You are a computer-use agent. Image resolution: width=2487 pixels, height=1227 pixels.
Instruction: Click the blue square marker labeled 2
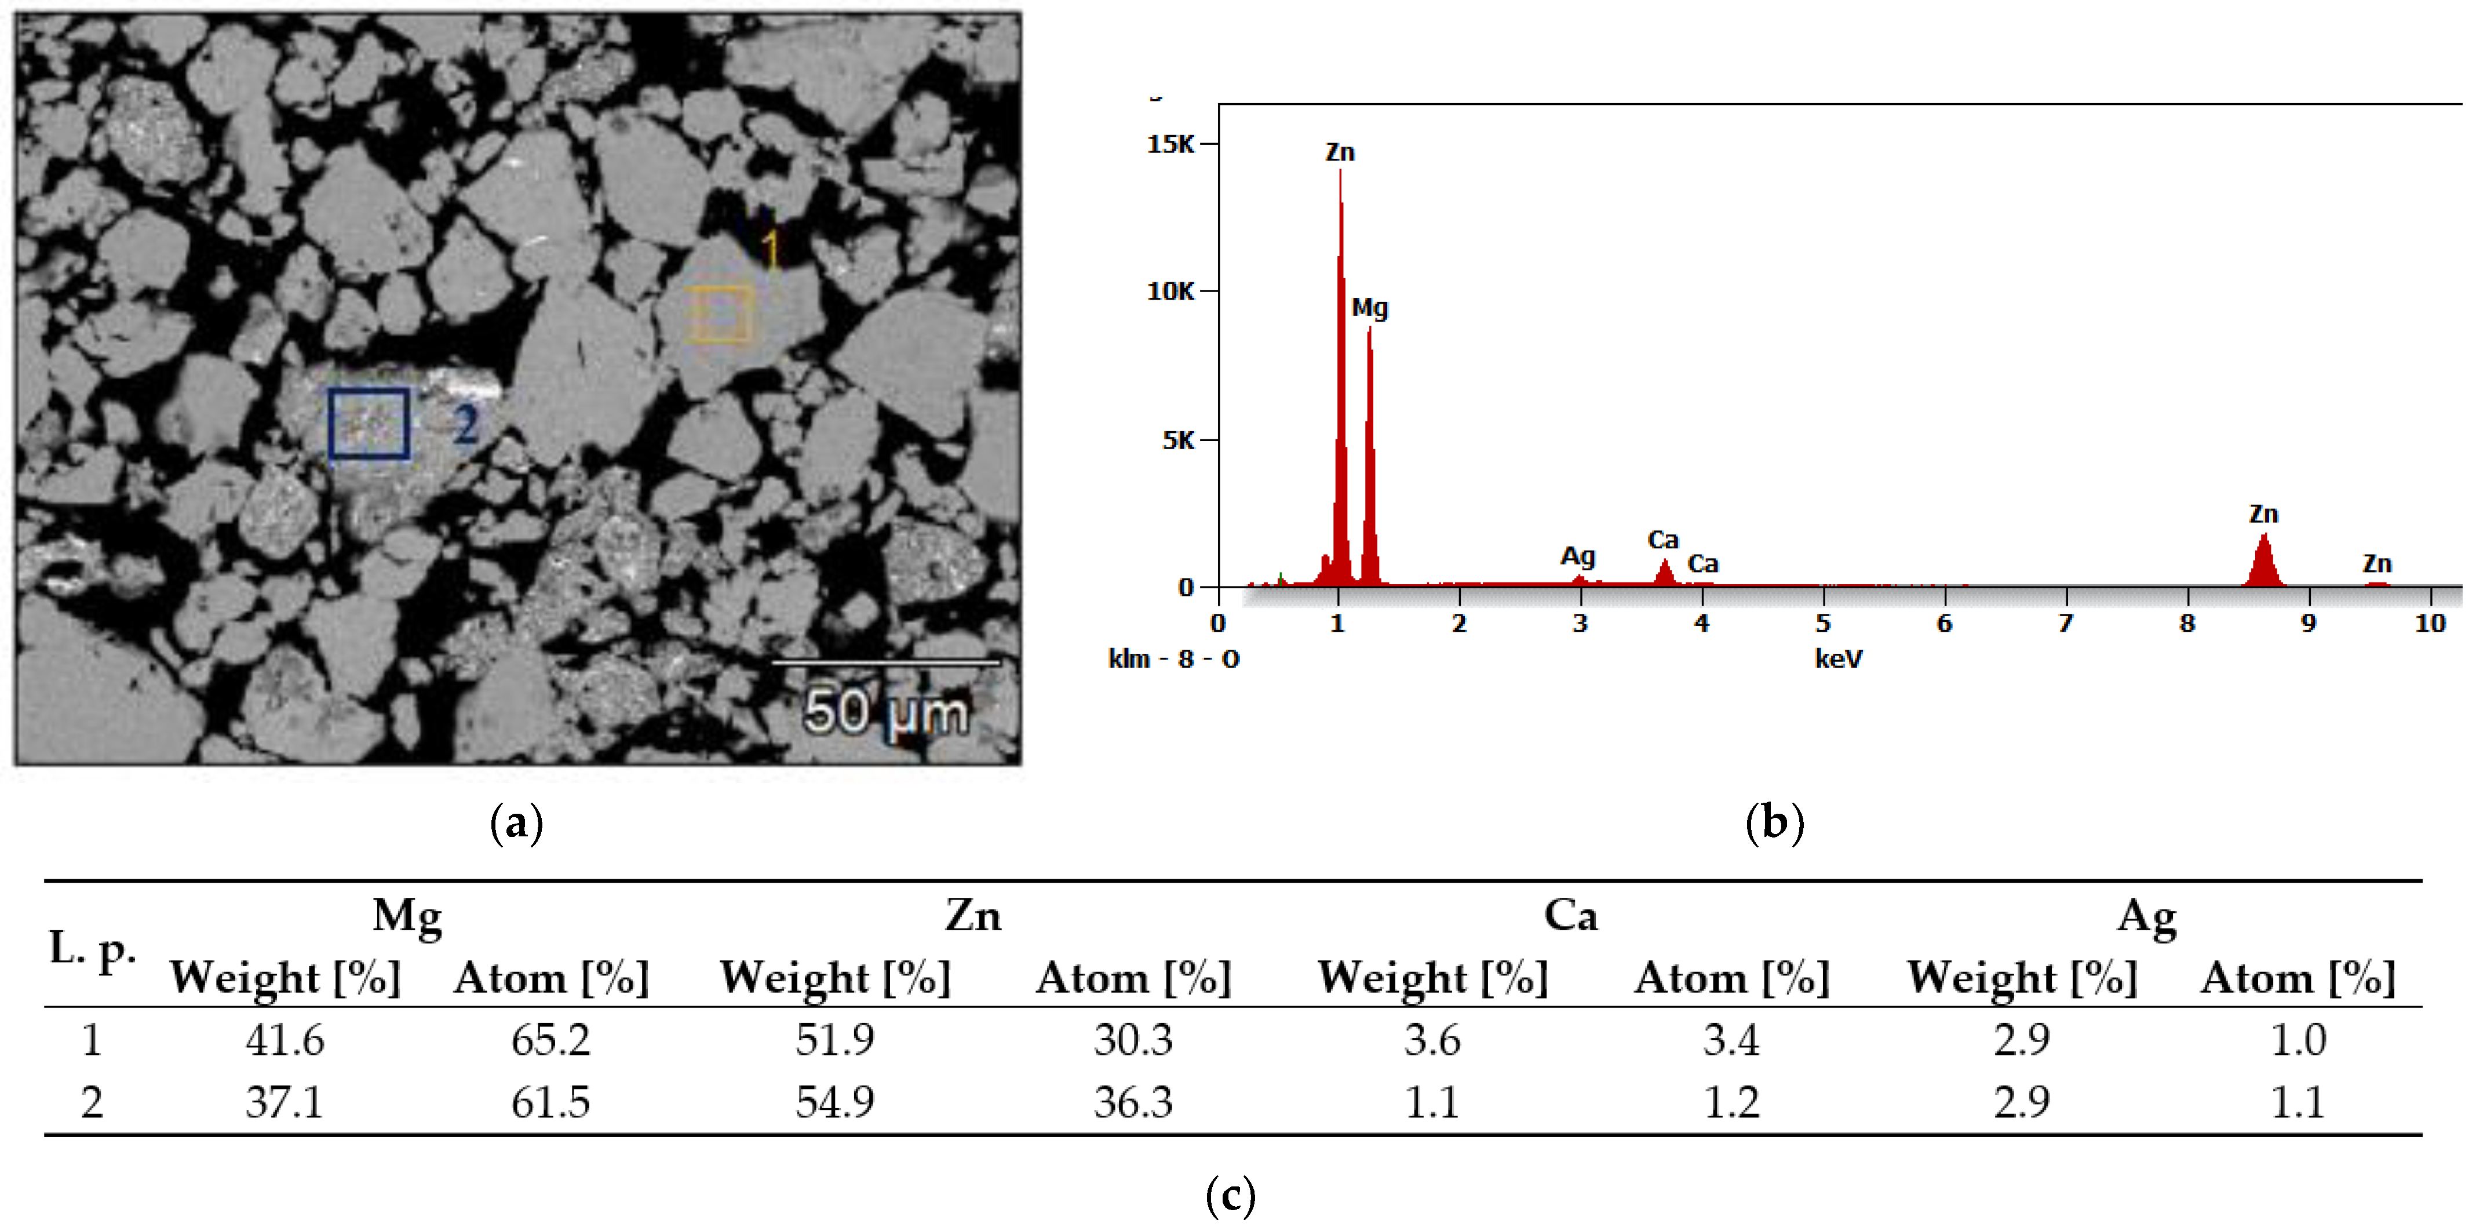pyautogui.click(x=368, y=423)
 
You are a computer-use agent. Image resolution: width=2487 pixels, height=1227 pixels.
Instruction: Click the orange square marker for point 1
pyautogui.click(x=720, y=314)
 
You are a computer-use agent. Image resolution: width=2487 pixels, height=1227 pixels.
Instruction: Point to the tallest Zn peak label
pyautogui.click(x=1339, y=152)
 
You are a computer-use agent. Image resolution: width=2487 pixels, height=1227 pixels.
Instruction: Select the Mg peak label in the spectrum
pyautogui.click(x=1369, y=308)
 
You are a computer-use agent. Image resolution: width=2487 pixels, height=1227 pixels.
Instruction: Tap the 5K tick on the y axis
pyautogui.click(x=1178, y=440)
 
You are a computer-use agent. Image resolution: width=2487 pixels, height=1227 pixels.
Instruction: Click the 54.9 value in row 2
pyautogui.click(x=834, y=1101)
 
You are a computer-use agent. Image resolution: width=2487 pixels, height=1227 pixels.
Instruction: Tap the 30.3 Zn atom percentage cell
pyautogui.click(x=1132, y=1040)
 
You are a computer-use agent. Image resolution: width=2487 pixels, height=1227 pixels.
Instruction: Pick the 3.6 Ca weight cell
pyautogui.click(x=1432, y=1040)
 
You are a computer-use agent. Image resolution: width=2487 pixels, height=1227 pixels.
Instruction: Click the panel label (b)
pyautogui.click(x=1774, y=822)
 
